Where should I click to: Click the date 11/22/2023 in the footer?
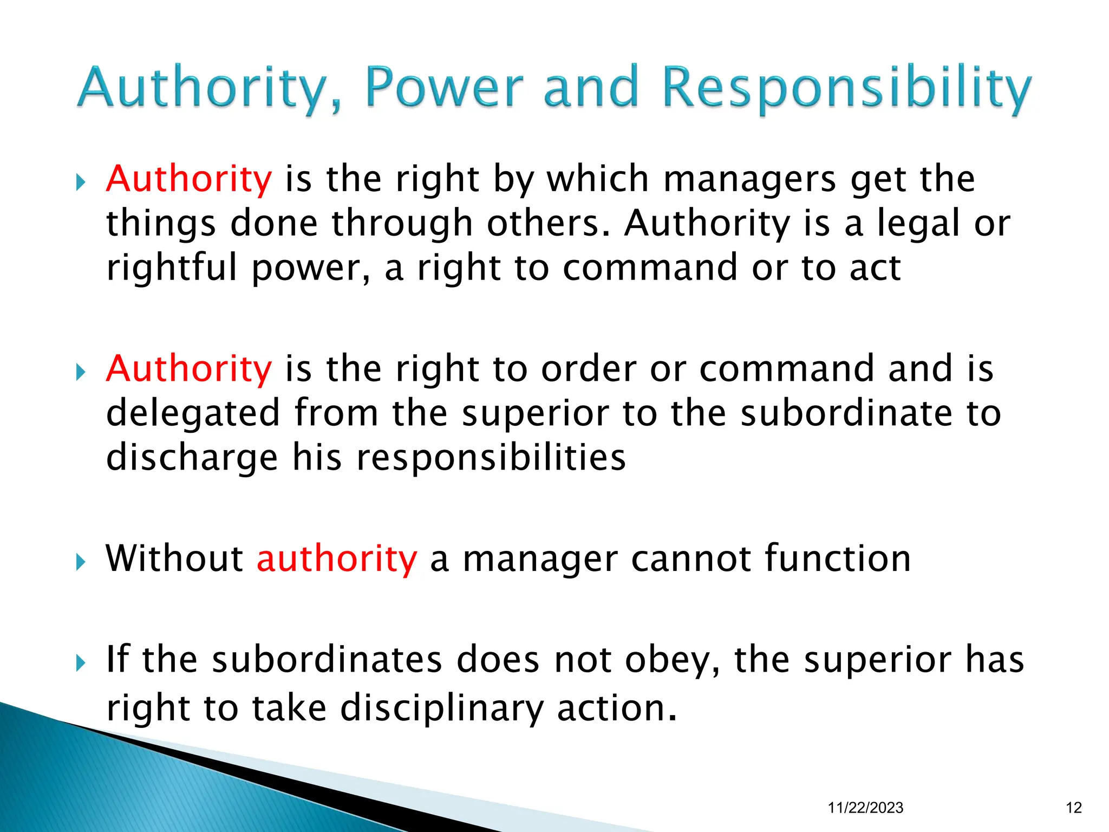(865, 808)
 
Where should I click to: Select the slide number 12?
(1073, 808)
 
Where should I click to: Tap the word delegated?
(193, 413)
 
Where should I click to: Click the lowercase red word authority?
(337, 560)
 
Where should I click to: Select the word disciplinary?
(441, 708)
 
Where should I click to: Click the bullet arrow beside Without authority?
(81, 562)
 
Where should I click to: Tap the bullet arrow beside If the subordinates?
(81, 662)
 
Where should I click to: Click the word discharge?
(192, 458)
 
